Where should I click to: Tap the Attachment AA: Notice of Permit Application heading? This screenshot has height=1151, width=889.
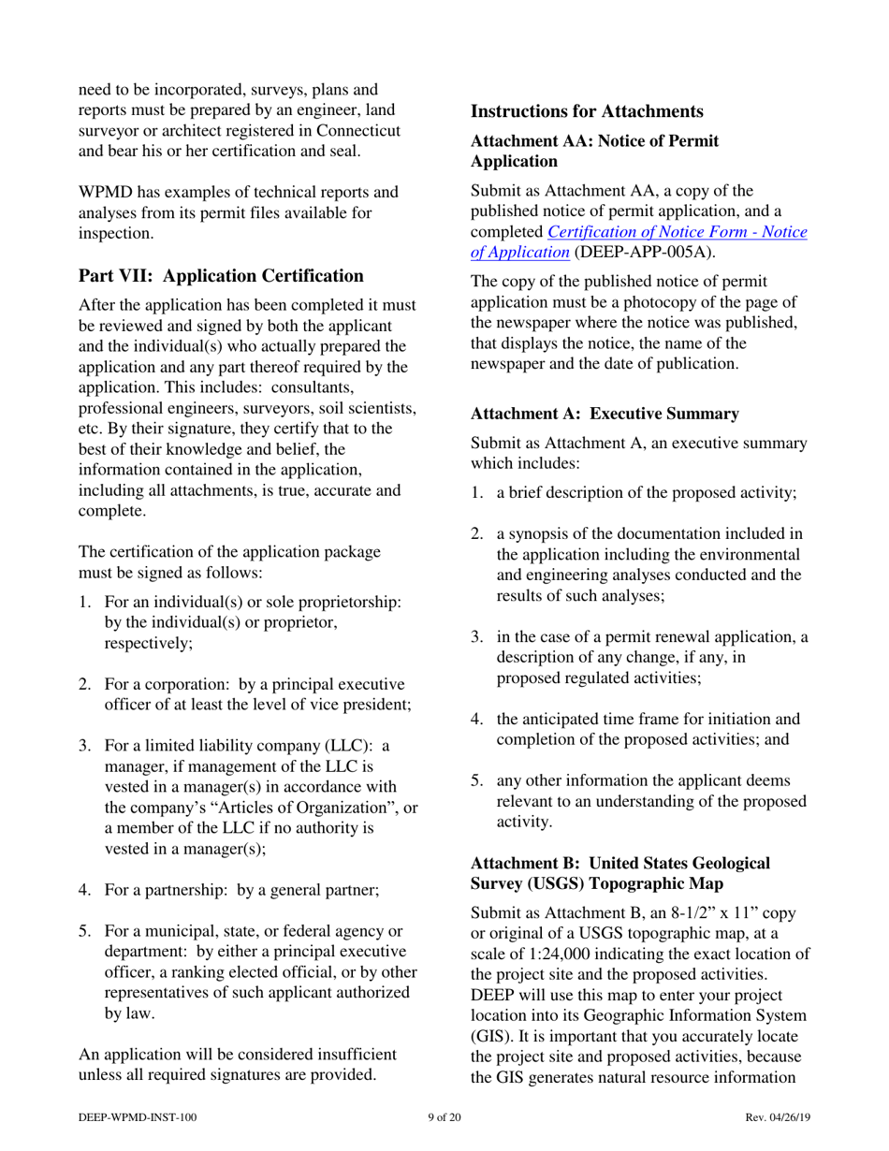pos(594,151)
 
